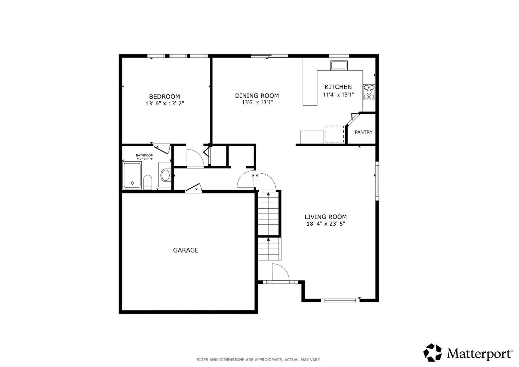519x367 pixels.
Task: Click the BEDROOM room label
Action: click(165, 97)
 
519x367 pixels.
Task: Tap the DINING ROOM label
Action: click(257, 95)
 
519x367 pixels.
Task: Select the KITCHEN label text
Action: click(338, 87)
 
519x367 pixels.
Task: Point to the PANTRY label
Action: click(364, 132)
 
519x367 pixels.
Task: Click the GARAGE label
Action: click(186, 250)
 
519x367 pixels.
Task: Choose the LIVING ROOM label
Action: click(326, 217)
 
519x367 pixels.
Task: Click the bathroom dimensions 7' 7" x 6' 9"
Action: click(144, 159)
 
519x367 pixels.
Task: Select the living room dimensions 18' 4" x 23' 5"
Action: click(326, 224)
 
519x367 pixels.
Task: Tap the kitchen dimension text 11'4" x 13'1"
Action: click(339, 94)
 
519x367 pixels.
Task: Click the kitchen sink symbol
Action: click(339, 65)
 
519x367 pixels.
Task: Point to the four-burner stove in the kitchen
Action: click(369, 92)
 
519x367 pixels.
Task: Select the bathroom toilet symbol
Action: click(148, 182)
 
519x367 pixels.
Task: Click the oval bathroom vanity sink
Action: click(166, 175)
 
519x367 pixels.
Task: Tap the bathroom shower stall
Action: click(132, 175)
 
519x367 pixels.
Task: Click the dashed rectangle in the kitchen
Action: click(335, 134)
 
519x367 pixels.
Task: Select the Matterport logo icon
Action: click(432, 352)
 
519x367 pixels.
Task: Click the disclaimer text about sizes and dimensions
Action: click(259, 360)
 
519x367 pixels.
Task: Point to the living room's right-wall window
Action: click(377, 181)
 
